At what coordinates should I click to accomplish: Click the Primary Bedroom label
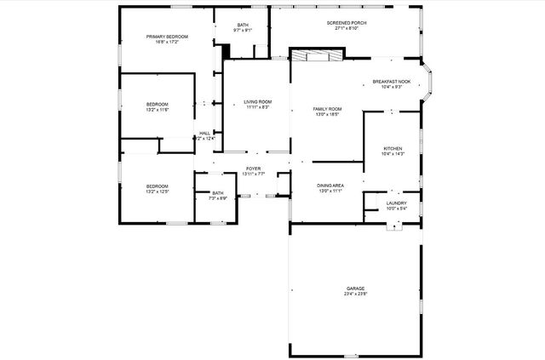pyautogui.click(x=167, y=37)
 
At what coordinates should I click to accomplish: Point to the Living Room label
pyautogui.click(x=258, y=102)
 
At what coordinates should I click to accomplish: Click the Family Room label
pyautogui.click(x=327, y=109)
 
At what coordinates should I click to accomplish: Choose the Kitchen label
pyautogui.click(x=393, y=148)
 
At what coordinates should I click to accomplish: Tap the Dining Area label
pyautogui.click(x=330, y=186)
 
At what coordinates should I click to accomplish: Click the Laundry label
pyautogui.click(x=396, y=203)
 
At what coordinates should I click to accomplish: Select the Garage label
pyautogui.click(x=355, y=289)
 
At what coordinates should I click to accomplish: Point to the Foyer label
pyautogui.click(x=254, y=169)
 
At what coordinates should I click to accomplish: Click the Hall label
pyautogui.click(x=204, y=133)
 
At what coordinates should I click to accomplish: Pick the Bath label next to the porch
pyautogui.click(x=243, y=26)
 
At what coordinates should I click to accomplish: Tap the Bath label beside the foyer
pyautogui.click(x=218, y=192)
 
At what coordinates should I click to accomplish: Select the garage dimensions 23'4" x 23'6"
pyautogui.click(x=355, y=294)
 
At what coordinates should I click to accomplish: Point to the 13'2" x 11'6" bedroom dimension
pyautogui.click(x=158, y=110)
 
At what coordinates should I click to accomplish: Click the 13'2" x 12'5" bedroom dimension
pyautogui.click(x=157, y=191)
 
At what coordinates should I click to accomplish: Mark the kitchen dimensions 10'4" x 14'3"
pyautogui.click(x=393, y=154)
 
